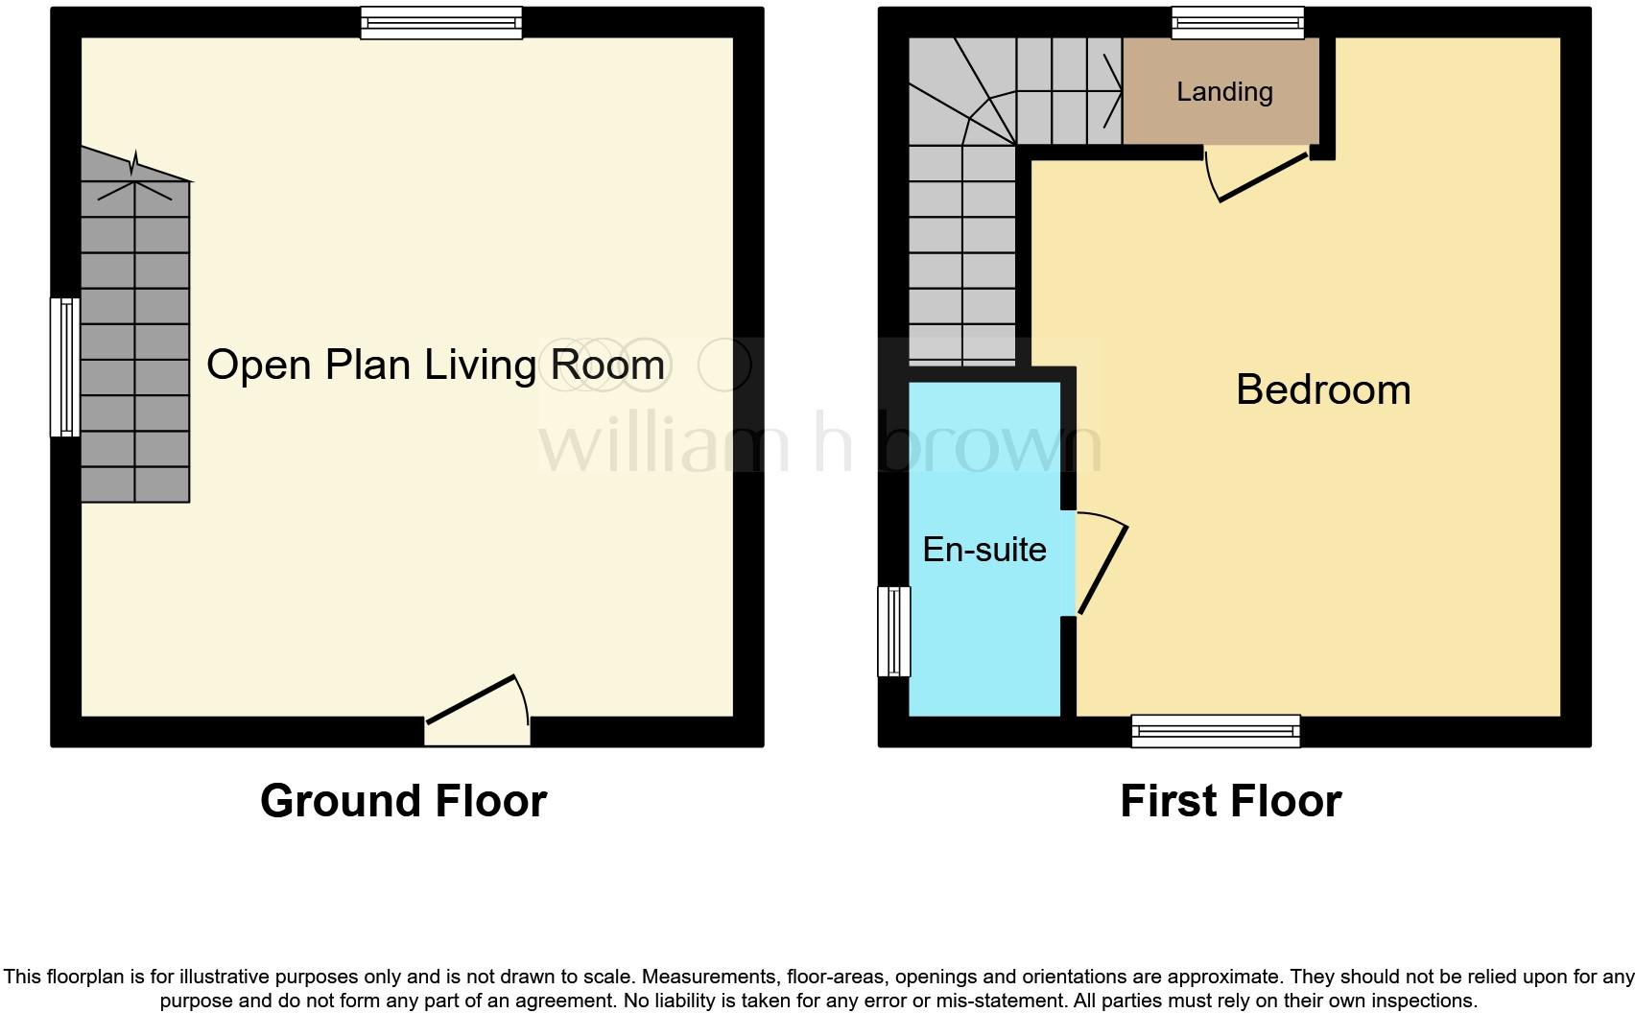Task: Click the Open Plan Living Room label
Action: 435,365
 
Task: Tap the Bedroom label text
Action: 1322,389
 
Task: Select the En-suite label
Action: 983,550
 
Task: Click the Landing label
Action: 1223,92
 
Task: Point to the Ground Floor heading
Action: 403,801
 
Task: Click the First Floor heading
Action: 1230,801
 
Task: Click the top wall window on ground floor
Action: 441,23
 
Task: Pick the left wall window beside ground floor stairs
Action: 65,367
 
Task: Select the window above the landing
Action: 1238,23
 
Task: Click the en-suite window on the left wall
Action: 893,632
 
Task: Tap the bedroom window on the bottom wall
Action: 1215,731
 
